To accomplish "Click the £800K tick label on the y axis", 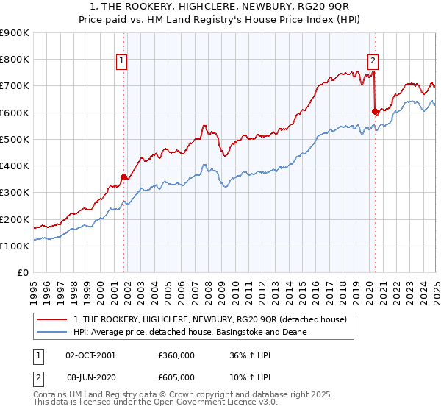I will (x=15, y=60).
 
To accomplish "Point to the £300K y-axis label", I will (x=15, y=193).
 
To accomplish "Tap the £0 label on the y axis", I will (x=22, y=273).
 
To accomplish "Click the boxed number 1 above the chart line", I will (x=121, y=61).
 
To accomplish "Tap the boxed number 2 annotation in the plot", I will (x=373, y=61).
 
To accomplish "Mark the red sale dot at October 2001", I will (x=124, y=177).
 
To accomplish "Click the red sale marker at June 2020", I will (x=375, y=112).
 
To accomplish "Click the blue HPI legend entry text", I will (x=190, y=332).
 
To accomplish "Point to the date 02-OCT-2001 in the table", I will (x=90, y=355).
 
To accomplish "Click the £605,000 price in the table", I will (x=176, y=377).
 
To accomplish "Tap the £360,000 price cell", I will (x=176, y=355).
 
